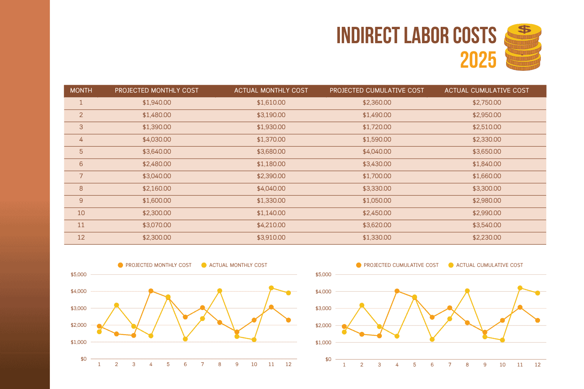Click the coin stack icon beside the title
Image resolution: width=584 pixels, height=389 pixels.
(523, 47)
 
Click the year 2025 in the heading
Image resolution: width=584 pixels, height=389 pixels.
(478, 60)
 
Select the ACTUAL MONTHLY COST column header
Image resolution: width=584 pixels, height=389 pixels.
(271, 91)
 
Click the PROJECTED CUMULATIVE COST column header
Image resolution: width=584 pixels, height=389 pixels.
(376, 91)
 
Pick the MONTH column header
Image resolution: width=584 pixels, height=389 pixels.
(81, 91)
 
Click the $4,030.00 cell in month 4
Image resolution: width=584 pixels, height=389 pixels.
(157, 139)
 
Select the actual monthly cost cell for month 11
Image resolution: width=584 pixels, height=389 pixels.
(271, 225)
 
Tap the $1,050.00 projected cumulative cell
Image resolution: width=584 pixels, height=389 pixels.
(376, 201)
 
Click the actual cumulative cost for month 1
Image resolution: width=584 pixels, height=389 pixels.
(487, 103)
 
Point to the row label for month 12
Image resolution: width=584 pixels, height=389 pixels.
(81, 237)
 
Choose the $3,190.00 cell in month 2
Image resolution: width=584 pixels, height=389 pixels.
(271, 115)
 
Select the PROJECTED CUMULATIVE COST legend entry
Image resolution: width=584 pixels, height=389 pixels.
(398, 265)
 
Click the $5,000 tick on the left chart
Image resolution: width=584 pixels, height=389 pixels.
(79, 275)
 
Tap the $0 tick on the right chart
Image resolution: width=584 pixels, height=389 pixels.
(328, 359)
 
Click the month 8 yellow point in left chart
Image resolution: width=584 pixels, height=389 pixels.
(220, 291)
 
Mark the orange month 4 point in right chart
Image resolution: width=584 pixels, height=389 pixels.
(397, 291)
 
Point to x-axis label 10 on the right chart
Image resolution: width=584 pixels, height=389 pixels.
(502, 365)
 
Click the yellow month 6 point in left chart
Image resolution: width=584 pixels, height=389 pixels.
(185, 339)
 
